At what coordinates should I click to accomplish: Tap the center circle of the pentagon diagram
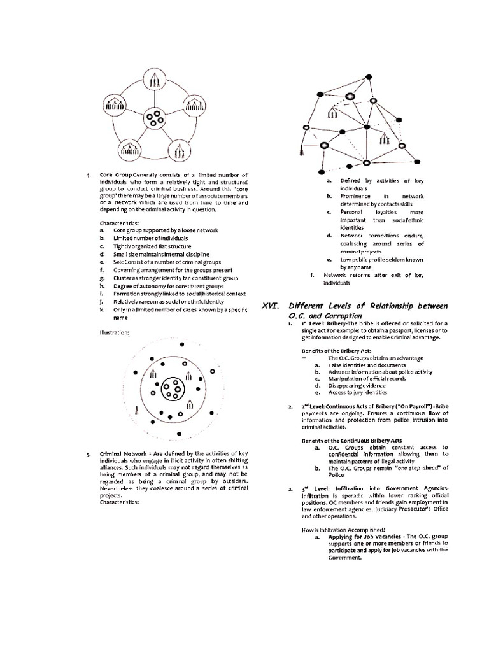pyautogui.click(x=155, y=117)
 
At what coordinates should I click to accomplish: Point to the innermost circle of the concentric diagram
pyautogui.click(x=173, y=389)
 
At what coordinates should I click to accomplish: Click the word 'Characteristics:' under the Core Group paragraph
pyautogui.click(x=119, y=223)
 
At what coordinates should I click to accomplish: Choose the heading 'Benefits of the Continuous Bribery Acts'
pyautogui.click(x=351, y=440)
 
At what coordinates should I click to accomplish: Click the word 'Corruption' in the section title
pyautogui.click(x=340, y=316)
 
